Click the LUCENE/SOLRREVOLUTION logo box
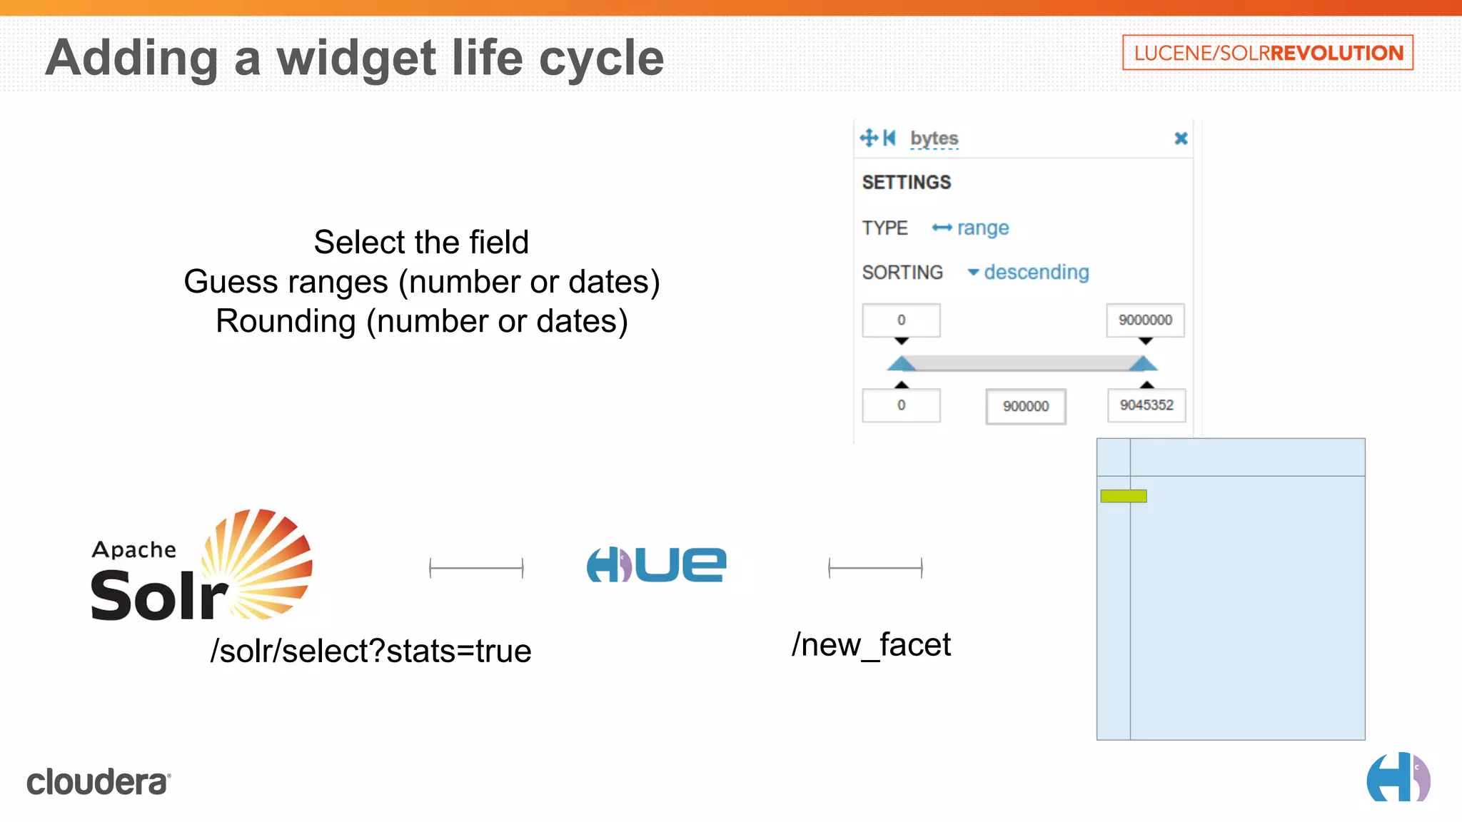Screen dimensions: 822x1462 coord(1267,53)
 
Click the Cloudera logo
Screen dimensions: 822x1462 coord(99,782)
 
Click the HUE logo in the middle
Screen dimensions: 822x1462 coord(656,564)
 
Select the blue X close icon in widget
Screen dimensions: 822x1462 coord(1181,138)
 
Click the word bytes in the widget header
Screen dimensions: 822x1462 coord(934,138)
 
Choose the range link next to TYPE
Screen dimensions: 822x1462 coord(982,228)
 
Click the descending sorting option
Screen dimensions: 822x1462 coord(1036,273)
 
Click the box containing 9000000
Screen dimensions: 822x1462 coord(1145,320)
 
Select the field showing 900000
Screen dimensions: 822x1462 coord(1025,407)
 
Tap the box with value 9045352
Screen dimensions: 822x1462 coord(1146,405)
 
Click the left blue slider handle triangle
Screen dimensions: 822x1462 coord(902,364)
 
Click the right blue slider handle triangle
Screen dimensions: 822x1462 coord(1143,364)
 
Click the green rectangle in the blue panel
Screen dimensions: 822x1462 coord(1123,496)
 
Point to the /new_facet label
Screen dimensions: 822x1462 coord(871,645)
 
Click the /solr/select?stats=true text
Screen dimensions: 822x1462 coord(370,651)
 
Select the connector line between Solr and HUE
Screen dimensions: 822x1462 coord(476,568)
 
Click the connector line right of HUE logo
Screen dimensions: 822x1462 coord(875,568)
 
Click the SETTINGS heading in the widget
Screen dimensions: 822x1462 coord(906,183)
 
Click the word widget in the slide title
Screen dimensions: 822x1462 coord(356,59)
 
